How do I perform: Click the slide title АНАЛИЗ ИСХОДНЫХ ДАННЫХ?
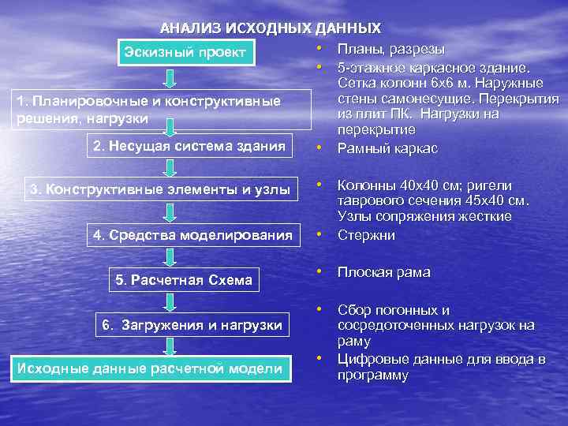pyautogui.click(x=270, y=28)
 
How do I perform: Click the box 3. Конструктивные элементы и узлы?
pyautogui.click(x=159, y=189)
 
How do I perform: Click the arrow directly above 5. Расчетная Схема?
pyautogui.click(x=170, y=257)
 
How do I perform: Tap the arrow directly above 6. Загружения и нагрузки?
pyautogui.click(x=170, y=302)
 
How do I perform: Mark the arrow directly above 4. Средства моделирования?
pyautogui.click(x=170, y=212)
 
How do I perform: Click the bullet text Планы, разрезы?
pyautogui.click(x=390, y=50)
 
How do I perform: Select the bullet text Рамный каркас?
pyautogui.click(x=387, y=148)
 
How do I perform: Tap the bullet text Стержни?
pyautogui.click(x=366, y=235)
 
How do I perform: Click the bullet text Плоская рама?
pyautogui.click(x=383, y=273)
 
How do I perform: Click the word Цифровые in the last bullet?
pyautogui.click(x=369, y=361)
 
